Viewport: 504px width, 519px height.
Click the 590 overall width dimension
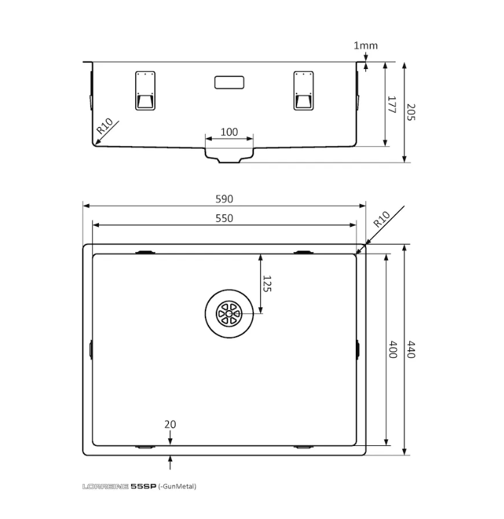point(224,199)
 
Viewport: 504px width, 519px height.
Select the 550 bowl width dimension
point(224,219)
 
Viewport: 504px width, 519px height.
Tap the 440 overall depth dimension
point(410,349)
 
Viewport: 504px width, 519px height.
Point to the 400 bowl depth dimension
point(392,349)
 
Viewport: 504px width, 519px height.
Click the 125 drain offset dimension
point(267,283)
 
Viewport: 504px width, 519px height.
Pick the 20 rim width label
point(170,424)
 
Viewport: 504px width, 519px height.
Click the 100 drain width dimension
point(229,132)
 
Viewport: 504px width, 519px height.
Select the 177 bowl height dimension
point(391,104)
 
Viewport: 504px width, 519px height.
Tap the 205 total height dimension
point(410,112)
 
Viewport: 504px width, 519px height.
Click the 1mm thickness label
point(365,45)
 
